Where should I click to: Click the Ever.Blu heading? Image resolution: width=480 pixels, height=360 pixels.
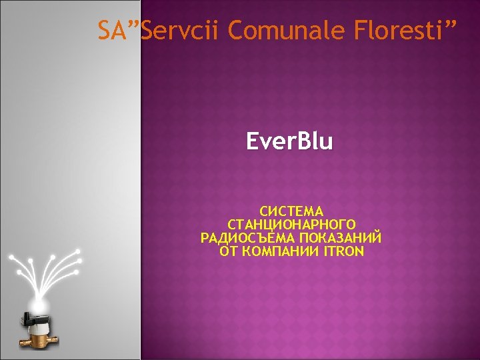tap(289, 141)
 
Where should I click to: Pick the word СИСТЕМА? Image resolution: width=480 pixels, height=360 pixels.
tap(291, 212)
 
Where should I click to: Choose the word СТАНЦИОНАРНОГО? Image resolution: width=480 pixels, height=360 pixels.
tap(291, 225)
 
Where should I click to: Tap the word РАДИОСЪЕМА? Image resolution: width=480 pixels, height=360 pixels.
tap(248, 238)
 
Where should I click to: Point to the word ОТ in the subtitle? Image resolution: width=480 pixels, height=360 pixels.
tap(228, 251)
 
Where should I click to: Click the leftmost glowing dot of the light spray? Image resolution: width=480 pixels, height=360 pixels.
tap(11, 256)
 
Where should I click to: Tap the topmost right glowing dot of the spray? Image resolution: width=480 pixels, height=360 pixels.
tap(79, 251)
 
